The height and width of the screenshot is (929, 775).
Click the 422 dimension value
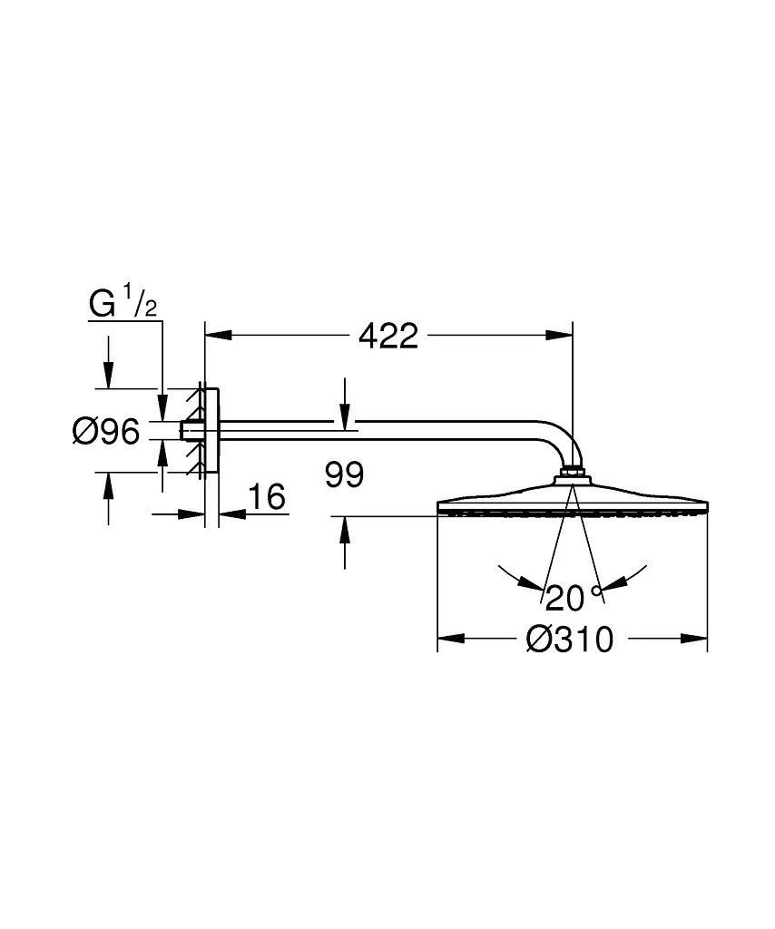coord(388,336)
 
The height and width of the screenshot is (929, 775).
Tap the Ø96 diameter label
coord(106,431)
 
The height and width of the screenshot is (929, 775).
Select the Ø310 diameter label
coord(569,640)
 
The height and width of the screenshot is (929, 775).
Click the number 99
coord(344,474)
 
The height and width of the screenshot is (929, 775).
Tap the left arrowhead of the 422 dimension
coord(218,336)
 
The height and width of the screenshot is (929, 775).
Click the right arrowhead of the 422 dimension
coord(559,336)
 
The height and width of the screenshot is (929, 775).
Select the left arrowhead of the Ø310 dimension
coord(451,639)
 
